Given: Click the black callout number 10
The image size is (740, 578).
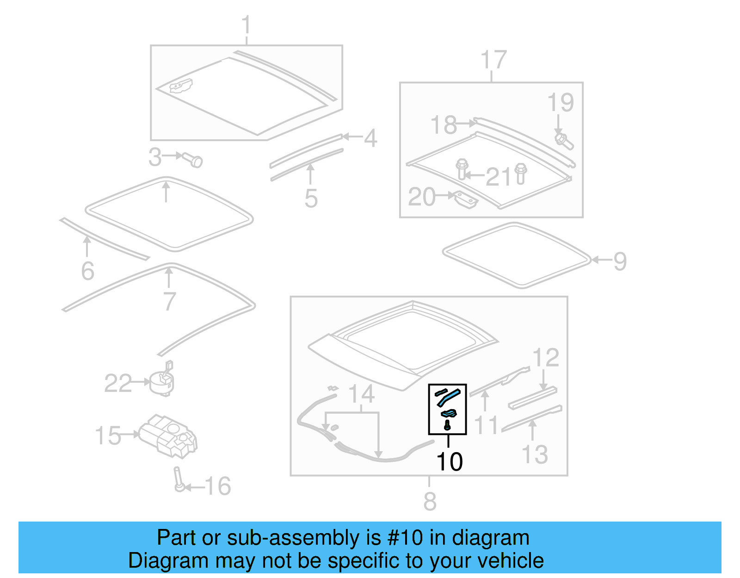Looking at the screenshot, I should (449, 461).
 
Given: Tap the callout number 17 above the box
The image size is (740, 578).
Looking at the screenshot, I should (493, 60).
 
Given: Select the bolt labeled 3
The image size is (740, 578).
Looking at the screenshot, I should (193, 160).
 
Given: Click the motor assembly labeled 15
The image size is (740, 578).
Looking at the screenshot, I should (168, 435).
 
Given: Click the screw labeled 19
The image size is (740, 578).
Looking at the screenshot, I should (564, 141).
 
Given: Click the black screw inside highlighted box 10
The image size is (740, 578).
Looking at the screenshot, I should (447, 425).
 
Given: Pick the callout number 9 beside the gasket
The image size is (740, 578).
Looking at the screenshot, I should (620, 261).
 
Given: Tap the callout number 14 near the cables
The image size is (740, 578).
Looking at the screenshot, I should (361, 394).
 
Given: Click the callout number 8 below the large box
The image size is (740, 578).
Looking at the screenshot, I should (430, 501).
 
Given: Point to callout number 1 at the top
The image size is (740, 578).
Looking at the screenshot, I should (246, 25).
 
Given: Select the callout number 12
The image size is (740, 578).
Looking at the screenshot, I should (546, 358).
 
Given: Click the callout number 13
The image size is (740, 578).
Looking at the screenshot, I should (535, 454).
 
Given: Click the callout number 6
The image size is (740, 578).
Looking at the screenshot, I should (88, 271).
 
